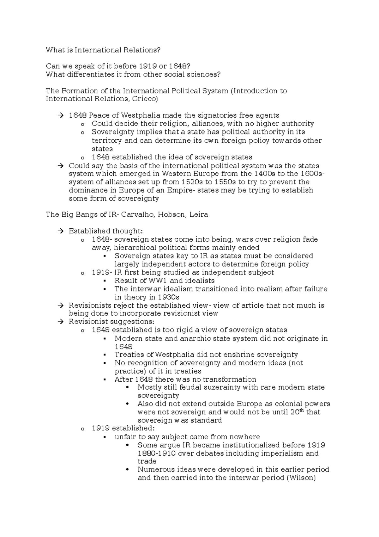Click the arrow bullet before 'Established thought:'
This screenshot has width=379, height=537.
[61, 231]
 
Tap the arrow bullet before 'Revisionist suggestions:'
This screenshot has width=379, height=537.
[61, 322]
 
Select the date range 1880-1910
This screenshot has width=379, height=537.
[157, 454]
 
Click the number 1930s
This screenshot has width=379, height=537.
[168, 297]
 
